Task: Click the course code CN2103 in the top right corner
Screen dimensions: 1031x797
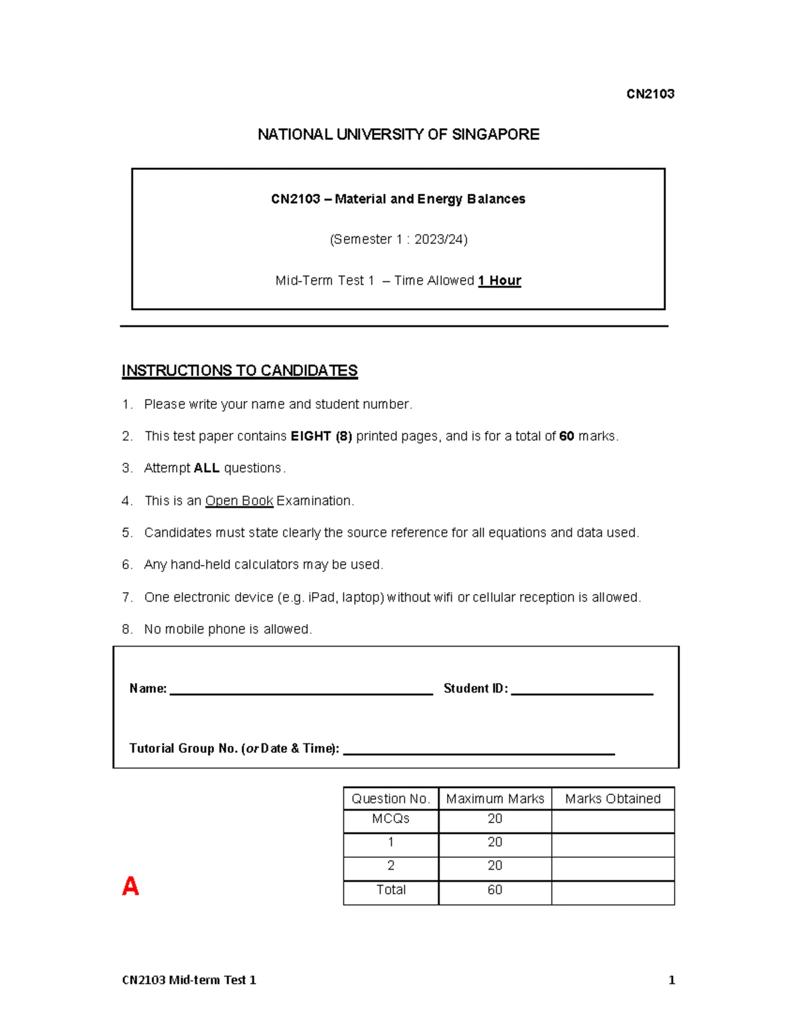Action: pos(650,94)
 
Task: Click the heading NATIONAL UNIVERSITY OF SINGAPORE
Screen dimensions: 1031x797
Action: pos(398,135)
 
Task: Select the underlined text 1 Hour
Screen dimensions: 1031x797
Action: pos(499,281)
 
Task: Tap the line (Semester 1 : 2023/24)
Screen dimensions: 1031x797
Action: pos(398,240)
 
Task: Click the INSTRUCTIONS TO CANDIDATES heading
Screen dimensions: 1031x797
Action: pos(239,370)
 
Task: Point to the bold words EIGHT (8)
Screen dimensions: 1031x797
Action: pos(321,436)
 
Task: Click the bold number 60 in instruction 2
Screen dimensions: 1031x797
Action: pos(566,436)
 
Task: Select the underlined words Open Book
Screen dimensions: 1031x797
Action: pos(239,501)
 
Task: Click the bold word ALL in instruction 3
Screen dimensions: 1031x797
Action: pos(206,468)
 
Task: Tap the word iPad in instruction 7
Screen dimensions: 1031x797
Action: pos(321,597)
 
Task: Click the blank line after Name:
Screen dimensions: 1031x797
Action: pos(301,690)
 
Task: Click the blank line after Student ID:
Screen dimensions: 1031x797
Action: pos(582,690)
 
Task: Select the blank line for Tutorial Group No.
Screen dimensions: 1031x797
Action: pos(478,750)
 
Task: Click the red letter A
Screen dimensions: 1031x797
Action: pos(130,886)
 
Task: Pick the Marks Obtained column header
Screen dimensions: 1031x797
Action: pos(612,799)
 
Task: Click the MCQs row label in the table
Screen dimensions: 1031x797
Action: pos(391,819)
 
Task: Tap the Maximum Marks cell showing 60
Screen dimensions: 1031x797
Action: pos(495,890)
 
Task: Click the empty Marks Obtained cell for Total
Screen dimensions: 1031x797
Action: pos(612,893)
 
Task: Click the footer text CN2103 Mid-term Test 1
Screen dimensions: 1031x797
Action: pos(189,980)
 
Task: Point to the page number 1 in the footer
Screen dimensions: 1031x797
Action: pos(671,980)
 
